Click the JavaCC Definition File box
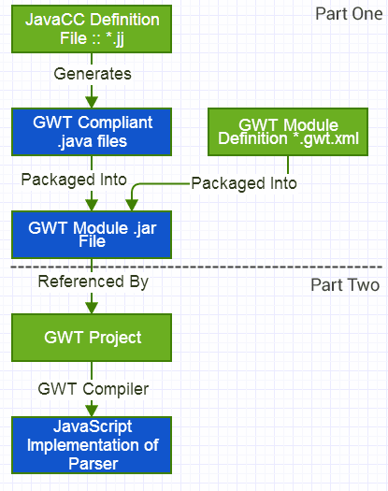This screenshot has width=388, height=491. coord(92,29)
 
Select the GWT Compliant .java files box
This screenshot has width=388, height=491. coord(92,132)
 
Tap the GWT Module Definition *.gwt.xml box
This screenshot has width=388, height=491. coord(288,132)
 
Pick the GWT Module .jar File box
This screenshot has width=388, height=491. coord(92,235)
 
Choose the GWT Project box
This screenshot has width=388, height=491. coord(92,338)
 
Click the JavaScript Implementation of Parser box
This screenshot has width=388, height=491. coord(92,445)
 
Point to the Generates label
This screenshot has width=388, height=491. coord(93,74)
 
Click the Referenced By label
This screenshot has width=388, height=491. coord(93,282)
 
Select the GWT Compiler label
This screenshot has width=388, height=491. coord(93,389)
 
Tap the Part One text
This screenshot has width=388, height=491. coord(349,14)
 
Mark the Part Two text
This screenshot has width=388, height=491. coord(345,285)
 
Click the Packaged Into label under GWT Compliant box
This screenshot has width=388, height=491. coord(74,180)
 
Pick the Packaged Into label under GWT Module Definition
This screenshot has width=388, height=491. coord(244,183)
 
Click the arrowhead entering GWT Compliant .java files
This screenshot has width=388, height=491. coord(92,102)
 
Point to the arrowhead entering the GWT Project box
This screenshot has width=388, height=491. coord(92,308)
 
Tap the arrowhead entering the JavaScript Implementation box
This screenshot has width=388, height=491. coord(92,411)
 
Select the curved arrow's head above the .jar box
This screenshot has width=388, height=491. coord(132,205)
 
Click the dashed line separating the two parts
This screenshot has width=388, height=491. coord(196,267)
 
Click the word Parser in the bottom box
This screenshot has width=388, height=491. coord(93,464)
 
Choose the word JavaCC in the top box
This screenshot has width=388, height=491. coord(55,20)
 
